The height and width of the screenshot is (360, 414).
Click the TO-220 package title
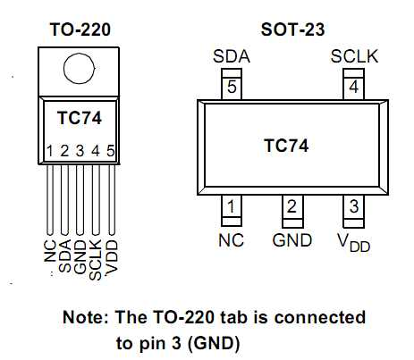coord(80,29)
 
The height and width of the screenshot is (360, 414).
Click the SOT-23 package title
coord(292,29)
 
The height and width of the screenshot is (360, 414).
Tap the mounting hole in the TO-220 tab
coord(79,69)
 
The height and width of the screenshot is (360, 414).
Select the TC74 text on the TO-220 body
coord(80,118)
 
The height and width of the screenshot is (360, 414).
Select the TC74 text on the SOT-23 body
coord(286,146)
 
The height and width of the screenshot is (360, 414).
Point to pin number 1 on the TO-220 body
coord(50,151)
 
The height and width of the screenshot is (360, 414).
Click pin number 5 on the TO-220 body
coord(111,151)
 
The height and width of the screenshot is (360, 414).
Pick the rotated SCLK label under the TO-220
coord(96,260)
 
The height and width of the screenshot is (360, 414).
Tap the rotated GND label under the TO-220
coord(80,256)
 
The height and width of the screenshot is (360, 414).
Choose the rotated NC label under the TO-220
coord(50,251)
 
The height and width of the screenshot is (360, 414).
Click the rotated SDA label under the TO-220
coord(65,256)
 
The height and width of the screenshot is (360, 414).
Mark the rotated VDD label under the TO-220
coord(112,257)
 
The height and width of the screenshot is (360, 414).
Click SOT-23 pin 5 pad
coord(232,84)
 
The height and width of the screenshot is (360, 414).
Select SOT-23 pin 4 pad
coord(354,84)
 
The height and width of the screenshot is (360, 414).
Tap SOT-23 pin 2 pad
coord(292,211)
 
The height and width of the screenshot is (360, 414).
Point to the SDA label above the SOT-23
coord(232,56)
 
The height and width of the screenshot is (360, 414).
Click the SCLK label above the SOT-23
coord(354,56)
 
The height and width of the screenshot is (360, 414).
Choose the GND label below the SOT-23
coord(292,240)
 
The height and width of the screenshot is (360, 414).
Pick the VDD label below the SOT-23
coord(354,242)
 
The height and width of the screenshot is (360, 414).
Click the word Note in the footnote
coord(86,317)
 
